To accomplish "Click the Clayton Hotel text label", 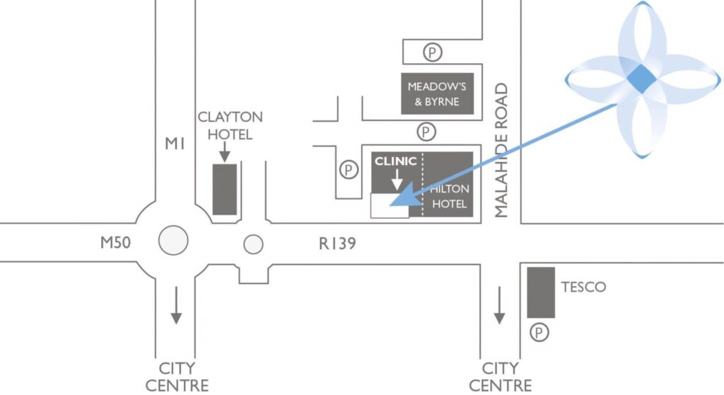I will coord(230,125).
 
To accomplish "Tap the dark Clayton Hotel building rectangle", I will coord(225,189).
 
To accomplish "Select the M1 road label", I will coord(175,144).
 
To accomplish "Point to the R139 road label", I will coord(337,244).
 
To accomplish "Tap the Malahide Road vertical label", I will coord(502,151).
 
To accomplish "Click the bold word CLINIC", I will coord(395,161).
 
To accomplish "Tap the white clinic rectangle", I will coord(389,205).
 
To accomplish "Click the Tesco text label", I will coord(583,287).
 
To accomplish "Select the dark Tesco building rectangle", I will coord(541,292).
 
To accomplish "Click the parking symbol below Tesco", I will coord(541,331).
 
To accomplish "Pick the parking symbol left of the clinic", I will coord(347,169).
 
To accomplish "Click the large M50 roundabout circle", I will coord(173,241).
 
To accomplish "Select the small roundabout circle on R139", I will coord(253,244).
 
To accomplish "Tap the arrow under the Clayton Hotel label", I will coord(224,151).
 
